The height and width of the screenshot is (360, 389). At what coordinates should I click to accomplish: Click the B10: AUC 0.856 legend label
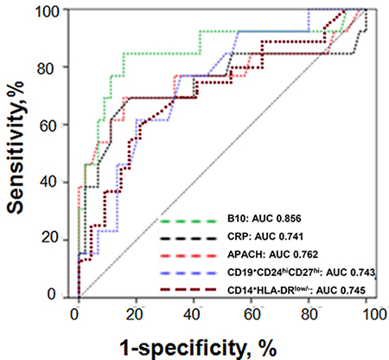(264, 219)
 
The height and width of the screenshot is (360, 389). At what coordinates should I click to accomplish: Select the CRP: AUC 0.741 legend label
(265, 236)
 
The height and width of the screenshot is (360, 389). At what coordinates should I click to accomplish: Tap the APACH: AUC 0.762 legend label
(272, 254)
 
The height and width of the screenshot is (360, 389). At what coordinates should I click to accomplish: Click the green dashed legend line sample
(188, 222)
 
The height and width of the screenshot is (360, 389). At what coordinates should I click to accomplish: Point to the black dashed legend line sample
(188, 238)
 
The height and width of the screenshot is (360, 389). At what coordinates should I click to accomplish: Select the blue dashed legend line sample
(188, 273)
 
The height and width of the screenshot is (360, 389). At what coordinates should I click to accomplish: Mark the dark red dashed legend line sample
(188, 290)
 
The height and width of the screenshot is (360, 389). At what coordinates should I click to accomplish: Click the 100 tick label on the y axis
(48, 11)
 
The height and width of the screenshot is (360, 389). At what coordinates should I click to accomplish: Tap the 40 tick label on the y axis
(48, 183)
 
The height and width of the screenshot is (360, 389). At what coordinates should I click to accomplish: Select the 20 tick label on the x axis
(135, 314)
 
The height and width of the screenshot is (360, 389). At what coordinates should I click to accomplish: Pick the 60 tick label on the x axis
(252, 314)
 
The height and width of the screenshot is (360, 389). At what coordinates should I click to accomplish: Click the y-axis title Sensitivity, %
(15, 147)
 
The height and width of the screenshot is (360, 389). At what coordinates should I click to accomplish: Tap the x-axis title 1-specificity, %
(198, 348)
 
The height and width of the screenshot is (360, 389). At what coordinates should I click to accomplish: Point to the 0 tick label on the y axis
(52, 294)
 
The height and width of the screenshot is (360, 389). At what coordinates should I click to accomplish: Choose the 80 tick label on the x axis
(309, 314)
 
